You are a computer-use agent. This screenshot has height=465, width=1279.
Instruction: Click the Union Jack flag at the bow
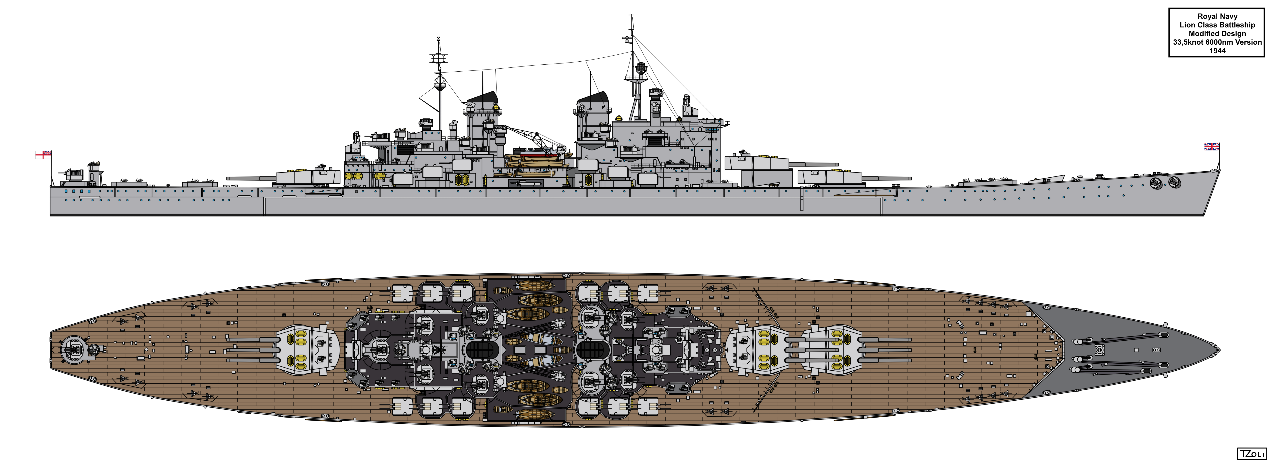(1212, 146)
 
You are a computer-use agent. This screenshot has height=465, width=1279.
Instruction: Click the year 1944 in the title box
(1217, 51)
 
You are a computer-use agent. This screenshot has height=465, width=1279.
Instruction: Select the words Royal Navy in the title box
(1217, 16)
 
